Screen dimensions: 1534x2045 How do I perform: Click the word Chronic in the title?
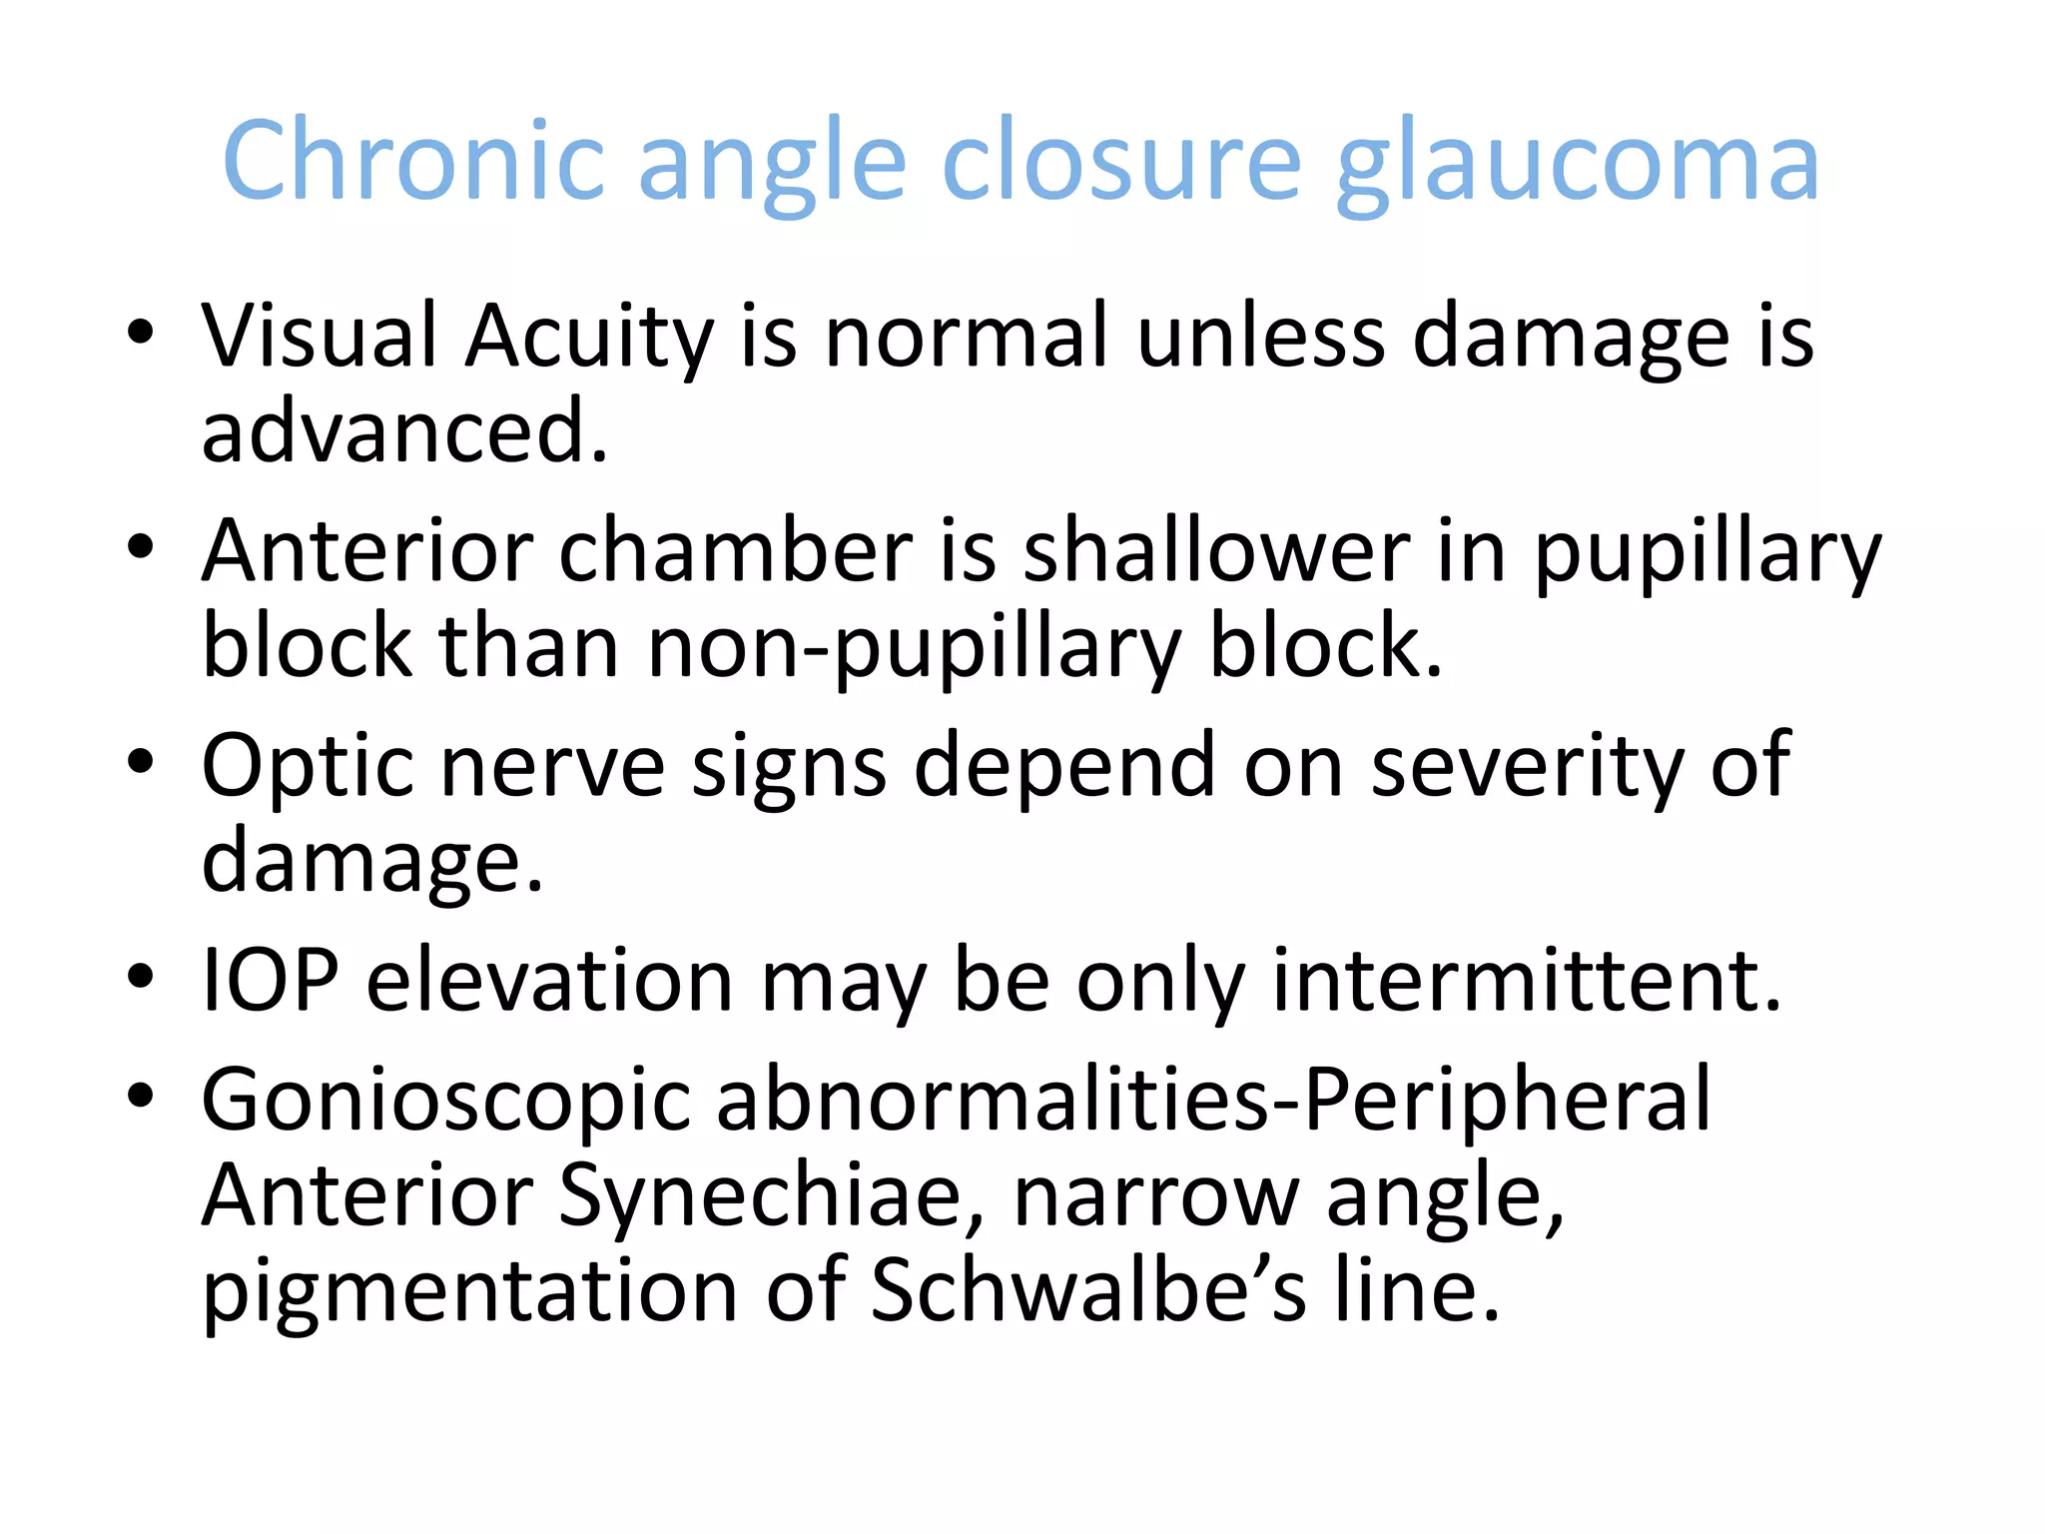point(413,161)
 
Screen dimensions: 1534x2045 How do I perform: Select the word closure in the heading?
point(1121,161)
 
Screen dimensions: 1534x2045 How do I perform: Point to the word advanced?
point(404,431)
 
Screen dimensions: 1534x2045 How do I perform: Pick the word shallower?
point(1216,551)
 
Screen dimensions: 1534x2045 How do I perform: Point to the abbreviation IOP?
point(270,981)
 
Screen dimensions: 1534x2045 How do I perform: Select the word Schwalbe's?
point(1088,1290)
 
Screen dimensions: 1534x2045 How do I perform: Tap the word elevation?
point(551,981)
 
